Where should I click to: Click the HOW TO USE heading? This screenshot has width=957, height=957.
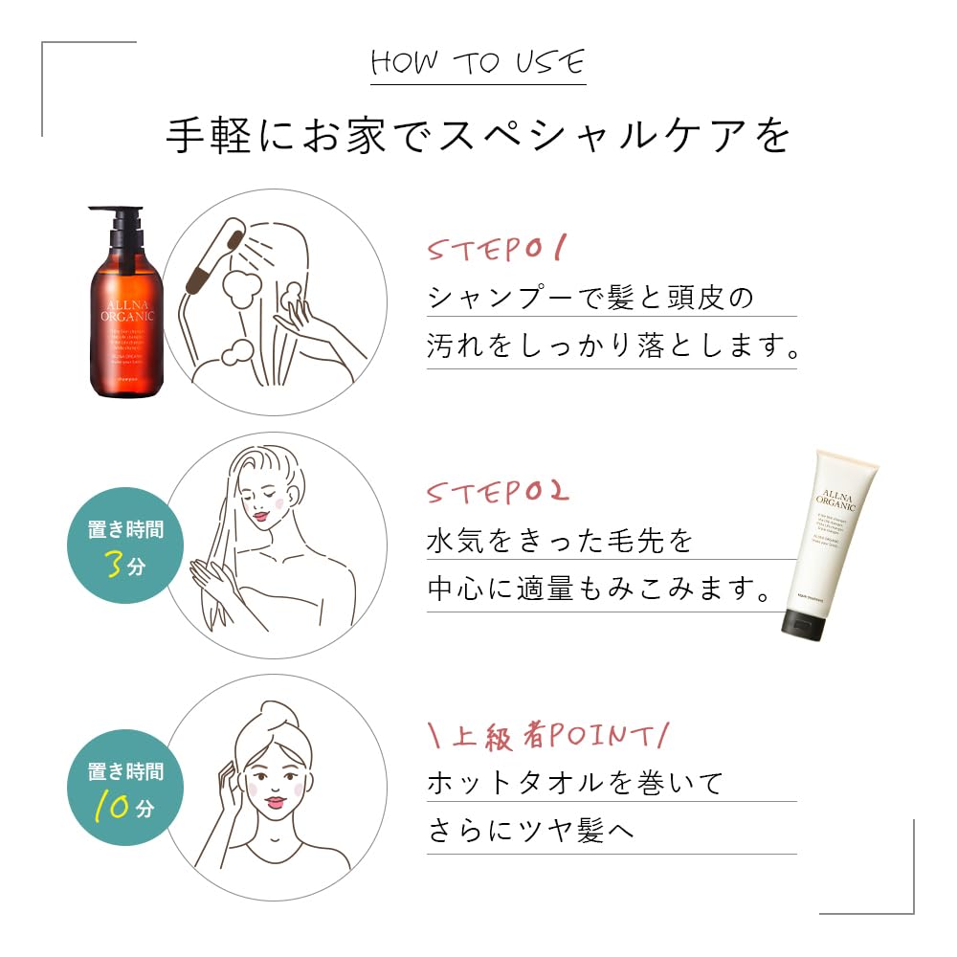(477, 63)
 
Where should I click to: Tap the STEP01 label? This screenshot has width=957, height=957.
(497, 251)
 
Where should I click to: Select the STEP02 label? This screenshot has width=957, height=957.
(498, 493)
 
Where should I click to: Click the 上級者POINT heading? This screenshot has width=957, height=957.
(546, 736)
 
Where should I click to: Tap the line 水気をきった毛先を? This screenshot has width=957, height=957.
(559, 541)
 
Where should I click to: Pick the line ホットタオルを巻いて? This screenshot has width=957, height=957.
(574, 783)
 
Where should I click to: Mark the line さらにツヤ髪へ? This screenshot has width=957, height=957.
(530, 832)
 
